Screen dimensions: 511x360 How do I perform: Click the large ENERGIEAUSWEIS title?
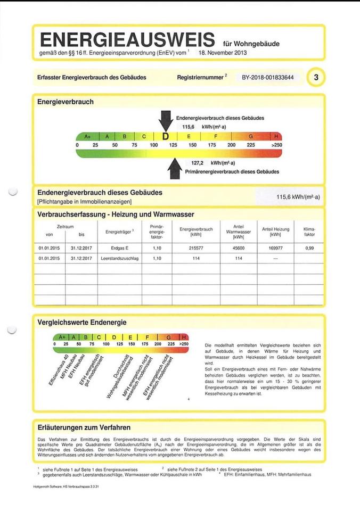(x=127, y=39)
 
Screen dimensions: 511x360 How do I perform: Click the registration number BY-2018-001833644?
(x=267, y=78)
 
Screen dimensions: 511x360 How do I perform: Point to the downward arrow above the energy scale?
(x=166, y=121)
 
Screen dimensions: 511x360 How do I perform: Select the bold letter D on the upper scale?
(x=165, y=137)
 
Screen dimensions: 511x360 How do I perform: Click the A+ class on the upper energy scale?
(x=87, y=137)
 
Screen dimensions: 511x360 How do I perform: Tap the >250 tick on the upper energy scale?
(x=276, y=145)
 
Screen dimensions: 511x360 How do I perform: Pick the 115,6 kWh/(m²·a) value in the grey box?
(x=298, y=197)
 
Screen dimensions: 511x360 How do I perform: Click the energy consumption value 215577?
(x=196, y=248)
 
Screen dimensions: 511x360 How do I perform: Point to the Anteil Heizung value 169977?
(x=275, y=248)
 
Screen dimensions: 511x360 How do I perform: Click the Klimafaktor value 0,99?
(x=309, y=248)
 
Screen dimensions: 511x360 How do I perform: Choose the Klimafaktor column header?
(x=309, y=232)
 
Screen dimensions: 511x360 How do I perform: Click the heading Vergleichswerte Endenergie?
(x=81, y=322)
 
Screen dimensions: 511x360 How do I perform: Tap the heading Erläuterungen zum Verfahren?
(x=84, y=427)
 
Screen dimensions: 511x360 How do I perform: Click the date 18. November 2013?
(x=223, y=53)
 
